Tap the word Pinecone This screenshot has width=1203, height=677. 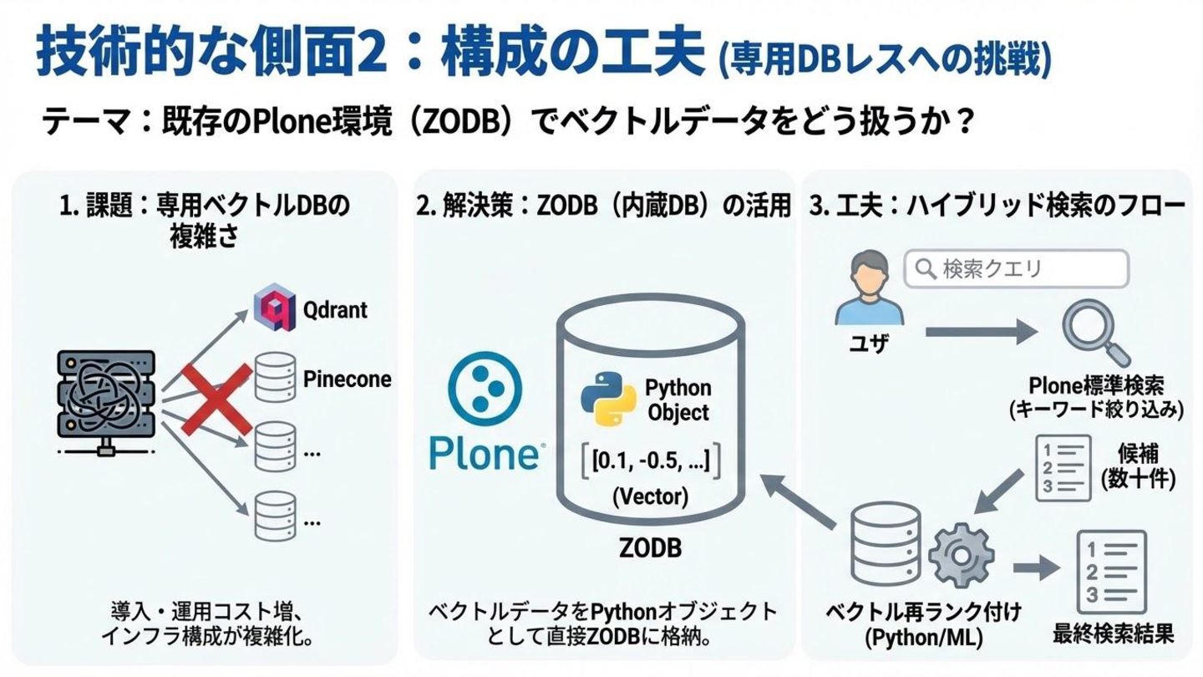[347, 379]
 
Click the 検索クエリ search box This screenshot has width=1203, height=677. [1017, 269]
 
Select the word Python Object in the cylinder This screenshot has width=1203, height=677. [678, 400]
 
